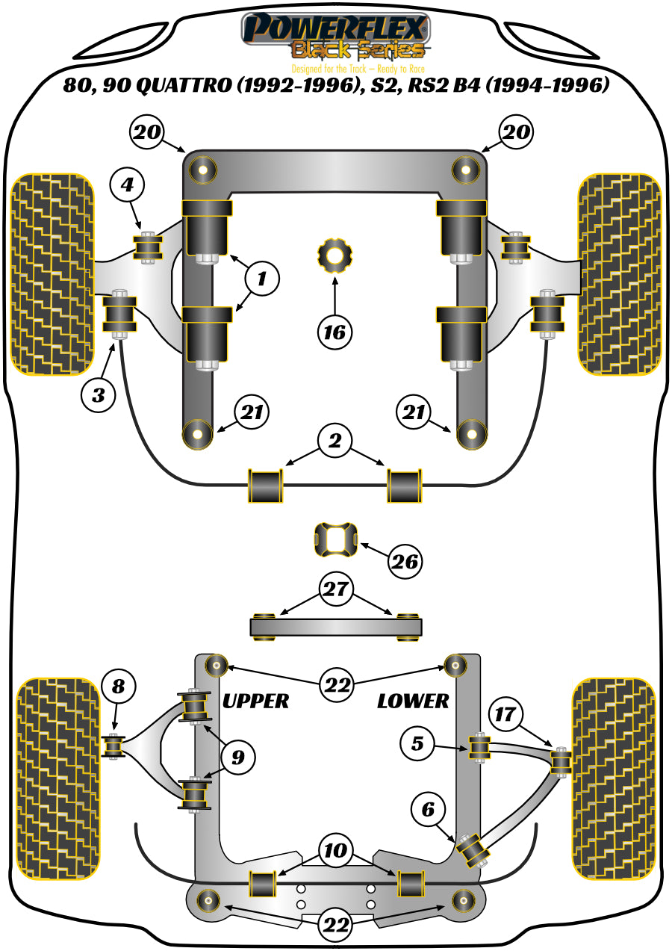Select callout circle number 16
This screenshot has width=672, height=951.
335,330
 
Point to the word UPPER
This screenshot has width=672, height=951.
255,701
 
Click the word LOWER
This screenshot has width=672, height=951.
413,701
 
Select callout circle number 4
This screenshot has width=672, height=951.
128,185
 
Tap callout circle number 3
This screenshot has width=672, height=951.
99,394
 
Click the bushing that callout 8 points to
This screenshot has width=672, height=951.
113,746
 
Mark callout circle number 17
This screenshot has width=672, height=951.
505,714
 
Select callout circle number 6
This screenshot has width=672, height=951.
427,809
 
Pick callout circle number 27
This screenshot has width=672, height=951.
335,589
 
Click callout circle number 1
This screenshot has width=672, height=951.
261,279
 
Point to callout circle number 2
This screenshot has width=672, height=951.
335,442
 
